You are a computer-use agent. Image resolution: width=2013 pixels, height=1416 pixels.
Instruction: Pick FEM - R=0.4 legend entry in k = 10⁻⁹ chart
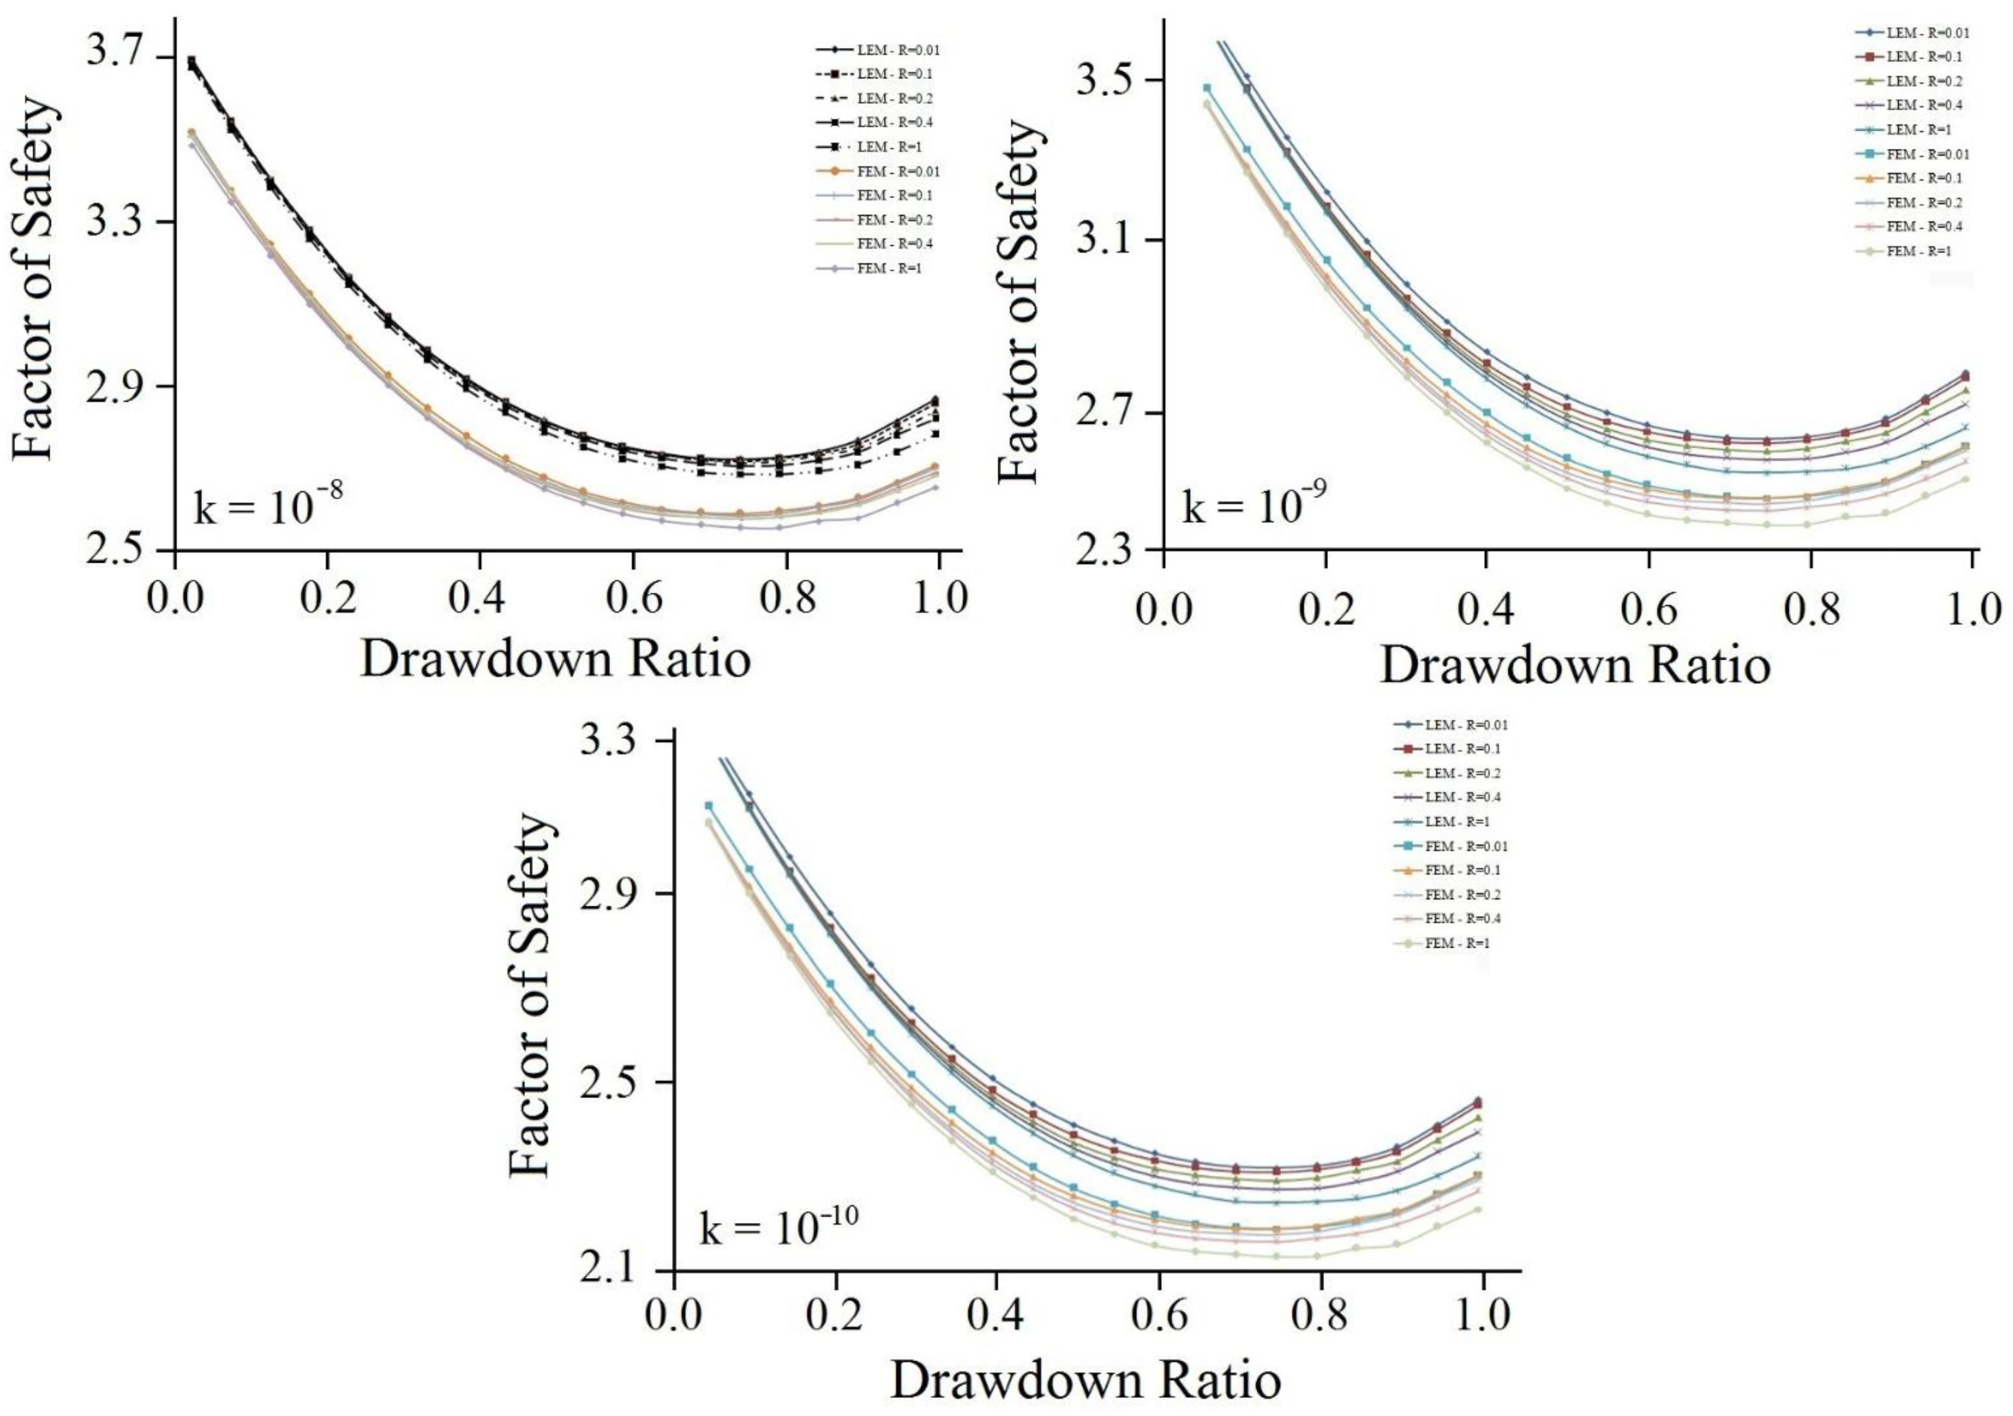1908,226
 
